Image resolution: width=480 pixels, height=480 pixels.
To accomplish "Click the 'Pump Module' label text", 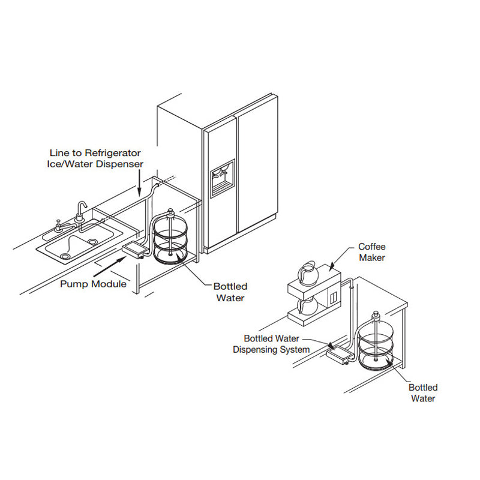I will pyautogui.click(x=93, y=284).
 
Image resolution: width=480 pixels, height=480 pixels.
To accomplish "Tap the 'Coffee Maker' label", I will pyautogui.click(x=372, y=252).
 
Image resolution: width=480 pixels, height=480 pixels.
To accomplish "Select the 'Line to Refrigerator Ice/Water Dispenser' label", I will pyautogui.click(x=96, y=159).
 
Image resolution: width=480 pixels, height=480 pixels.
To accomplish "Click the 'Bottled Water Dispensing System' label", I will pyautogui.click(x=271, y=344).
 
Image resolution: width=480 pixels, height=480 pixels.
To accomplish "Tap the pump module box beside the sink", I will pyautogui.click(x=134, y=248).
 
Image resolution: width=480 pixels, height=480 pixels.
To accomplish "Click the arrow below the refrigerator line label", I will pyautogui.click(x=139, y=183).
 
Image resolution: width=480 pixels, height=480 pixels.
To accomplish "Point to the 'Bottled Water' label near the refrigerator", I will pyautogui.click(x=230, y=292).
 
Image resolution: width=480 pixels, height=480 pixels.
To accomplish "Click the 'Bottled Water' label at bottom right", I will pyautogui.click(x=423, y=393).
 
